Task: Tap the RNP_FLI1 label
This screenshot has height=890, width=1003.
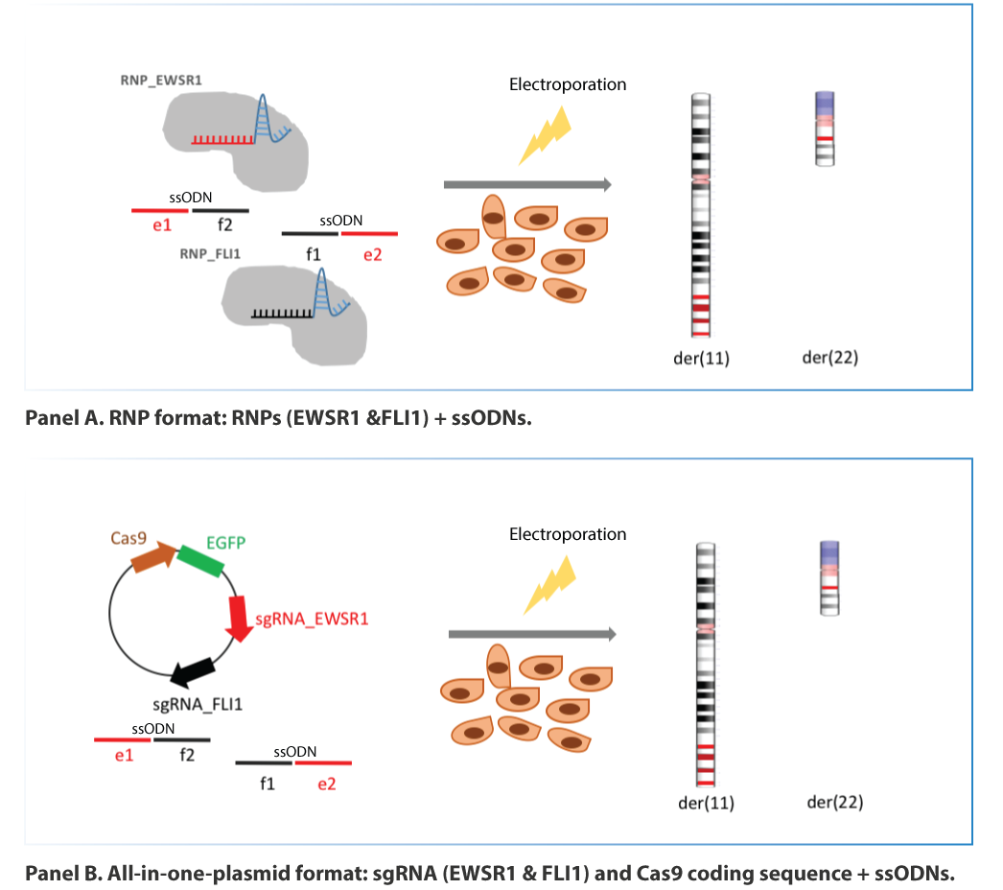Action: click(x=209, y=253)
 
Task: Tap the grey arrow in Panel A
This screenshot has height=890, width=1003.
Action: click(x=527, y=185)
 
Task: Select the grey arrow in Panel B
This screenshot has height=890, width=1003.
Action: click(x=531, y=634)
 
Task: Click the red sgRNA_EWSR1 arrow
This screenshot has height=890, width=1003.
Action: click(x=237, y=618)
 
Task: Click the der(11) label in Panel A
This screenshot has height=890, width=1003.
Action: click(x=701, y=359)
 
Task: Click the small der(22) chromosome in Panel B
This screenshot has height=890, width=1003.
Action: click(x=829, y=577)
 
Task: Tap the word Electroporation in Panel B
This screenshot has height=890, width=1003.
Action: click(x=568, y=534)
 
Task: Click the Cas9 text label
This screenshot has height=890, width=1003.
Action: click(x=128, y=538)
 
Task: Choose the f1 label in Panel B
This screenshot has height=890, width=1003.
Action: click(x=268, y=784)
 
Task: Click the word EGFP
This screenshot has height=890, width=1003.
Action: click(x=225, y=543)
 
